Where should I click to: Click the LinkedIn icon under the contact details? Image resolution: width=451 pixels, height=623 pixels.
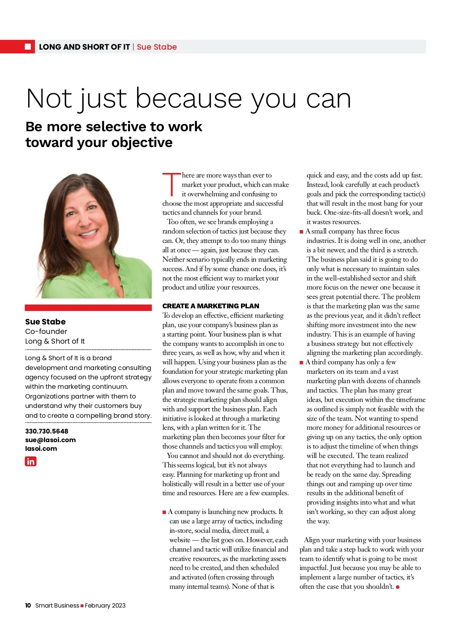30,461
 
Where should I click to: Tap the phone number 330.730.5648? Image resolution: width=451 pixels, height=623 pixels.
47,431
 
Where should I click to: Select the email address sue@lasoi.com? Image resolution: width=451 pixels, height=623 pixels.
50,440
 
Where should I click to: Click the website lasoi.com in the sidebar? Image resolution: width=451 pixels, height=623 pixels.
41,449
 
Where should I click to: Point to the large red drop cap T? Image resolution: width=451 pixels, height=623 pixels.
171,184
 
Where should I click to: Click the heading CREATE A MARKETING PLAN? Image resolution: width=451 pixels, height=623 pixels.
210,306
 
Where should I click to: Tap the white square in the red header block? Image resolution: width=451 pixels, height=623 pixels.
28,47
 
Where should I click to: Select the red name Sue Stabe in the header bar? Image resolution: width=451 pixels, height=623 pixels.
157,47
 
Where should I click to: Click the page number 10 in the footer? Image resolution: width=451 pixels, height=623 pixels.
28,605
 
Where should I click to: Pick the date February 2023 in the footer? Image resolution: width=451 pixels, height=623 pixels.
105,605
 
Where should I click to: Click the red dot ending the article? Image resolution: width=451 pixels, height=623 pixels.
398,587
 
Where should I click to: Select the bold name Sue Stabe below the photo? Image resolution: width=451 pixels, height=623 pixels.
45,322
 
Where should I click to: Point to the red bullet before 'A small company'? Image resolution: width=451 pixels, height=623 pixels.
301,232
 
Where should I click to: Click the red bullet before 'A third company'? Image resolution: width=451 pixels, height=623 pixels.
301,362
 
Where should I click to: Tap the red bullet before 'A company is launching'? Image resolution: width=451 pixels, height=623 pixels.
164,512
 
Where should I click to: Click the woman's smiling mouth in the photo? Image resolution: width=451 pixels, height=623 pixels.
88,233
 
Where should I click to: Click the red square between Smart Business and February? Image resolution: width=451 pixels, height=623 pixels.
82,606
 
